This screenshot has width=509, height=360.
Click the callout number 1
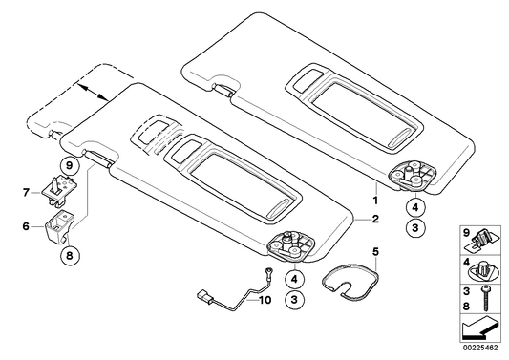pos(375,201)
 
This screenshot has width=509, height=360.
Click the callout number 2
pos(375,219)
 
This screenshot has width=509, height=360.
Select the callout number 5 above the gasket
pos(375,253)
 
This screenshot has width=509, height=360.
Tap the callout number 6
pos(27,225)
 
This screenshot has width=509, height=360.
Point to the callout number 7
pos(27,192)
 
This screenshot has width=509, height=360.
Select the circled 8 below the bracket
pos(69,254)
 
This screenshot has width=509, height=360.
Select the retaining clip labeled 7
pos(54,190)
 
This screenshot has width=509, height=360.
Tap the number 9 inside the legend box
pos(467,233)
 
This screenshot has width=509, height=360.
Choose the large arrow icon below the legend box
pos(481,330)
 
